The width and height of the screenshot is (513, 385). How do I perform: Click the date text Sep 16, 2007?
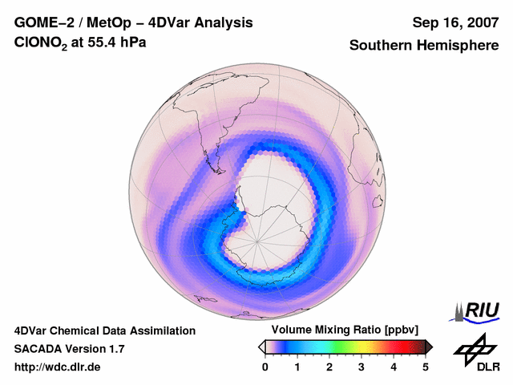coord(454,22)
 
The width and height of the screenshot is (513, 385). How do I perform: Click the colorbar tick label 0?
coord(265,367)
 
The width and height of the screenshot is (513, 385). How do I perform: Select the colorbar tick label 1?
coord(297,367)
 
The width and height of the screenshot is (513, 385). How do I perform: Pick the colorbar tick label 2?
coord(329,367)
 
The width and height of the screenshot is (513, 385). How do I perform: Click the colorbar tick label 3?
coord(362,367)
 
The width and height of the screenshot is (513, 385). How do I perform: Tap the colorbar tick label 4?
coord(394,367)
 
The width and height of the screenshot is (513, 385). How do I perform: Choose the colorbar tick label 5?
coord(426,367)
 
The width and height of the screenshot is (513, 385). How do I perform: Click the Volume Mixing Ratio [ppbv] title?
coord(341,330)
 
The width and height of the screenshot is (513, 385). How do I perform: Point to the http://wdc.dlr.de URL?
coord(58,367)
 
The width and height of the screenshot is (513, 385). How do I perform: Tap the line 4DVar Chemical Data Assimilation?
coord(104,330)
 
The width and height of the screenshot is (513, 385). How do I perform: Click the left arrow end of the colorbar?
coord(261,346)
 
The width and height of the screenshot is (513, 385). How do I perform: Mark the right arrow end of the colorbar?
coord(429,346)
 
